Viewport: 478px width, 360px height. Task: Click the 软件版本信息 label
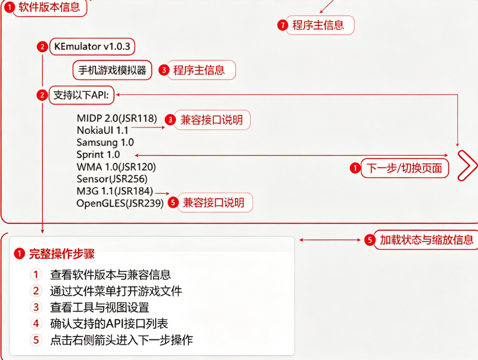pyautogui.click(x=49, y=7)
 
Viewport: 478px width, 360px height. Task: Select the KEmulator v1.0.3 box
pyautogui.click(x=92, y=47)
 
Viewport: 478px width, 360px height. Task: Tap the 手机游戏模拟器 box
pyautogui.click(x=112, y=70)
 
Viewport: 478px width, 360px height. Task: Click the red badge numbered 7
pyautogui.click(x=283, y=25)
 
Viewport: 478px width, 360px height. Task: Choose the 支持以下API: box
pyautogui.click(x=81, y=95)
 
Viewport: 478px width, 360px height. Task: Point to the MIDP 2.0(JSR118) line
pyautogui.click(x=117, y=118)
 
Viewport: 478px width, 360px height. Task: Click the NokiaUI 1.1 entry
pyautogui.click(x=102, y=130)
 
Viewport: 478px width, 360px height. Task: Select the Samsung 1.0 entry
pyautogui.click(x=105, y=142)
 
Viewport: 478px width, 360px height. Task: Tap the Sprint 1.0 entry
pyautogui.click(x=98, y=155)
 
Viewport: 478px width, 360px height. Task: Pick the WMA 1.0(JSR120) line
pyautogui.click(x=116, y=167)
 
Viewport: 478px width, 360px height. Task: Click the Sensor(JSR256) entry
pyautogui.click(x=112, y=179)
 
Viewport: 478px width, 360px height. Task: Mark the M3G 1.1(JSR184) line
pyautogui.click(x=115, y=191)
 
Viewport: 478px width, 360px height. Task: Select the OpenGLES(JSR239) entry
pyautogui.click(x=120, y=203)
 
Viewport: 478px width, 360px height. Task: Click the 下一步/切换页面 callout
pyautogui.click(x=405, y=168)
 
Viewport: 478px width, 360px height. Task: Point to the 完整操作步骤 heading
pyautogui.click(x=62, y=253)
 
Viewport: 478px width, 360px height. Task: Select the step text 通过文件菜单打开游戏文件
pyautogui.click(x=116, y=291)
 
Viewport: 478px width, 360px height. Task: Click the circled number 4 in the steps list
pyautogui.click(x=36, y=323)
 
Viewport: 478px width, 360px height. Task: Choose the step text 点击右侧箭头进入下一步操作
pyautogui.click(x=121, y=340)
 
